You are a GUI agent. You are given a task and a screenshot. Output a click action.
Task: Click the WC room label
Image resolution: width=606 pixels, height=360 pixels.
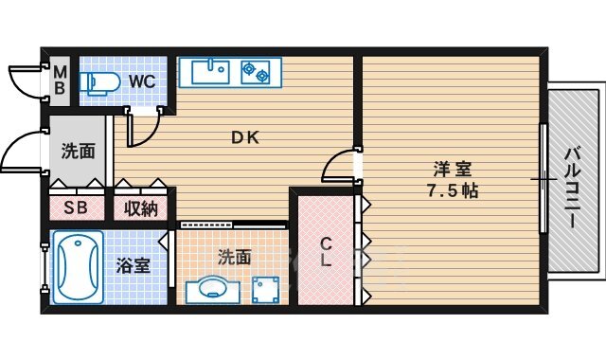[142, 81]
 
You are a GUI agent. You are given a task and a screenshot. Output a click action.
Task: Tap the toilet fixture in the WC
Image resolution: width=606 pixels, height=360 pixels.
[98, 82]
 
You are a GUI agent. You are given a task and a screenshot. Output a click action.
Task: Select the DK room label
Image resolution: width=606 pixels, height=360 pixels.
[245, 135]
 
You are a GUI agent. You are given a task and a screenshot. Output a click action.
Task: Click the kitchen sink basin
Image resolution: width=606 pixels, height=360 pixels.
[209, 70]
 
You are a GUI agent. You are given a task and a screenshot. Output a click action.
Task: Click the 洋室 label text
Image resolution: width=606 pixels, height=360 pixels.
[451, 170]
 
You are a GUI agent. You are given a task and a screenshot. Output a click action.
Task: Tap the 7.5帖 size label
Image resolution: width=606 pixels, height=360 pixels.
[451, 190]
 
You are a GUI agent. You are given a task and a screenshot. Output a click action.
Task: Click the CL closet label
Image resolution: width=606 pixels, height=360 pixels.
[324, 251]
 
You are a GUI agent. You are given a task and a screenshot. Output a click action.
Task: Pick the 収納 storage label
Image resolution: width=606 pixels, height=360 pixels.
[141, 208]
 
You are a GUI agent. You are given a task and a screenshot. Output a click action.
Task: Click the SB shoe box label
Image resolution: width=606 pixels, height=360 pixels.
[76, 208]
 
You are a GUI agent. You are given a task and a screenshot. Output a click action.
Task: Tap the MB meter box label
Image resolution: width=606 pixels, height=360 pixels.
[60, 80]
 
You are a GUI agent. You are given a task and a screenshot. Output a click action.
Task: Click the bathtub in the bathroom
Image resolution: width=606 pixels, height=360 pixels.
[76, 268]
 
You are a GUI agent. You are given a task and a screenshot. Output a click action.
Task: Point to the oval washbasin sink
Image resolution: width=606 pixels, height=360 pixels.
[208, 288]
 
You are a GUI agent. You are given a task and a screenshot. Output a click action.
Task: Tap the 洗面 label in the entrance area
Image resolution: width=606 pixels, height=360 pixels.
[78, 151]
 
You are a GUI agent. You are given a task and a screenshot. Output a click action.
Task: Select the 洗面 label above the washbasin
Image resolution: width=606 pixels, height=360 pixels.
[234, 256]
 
